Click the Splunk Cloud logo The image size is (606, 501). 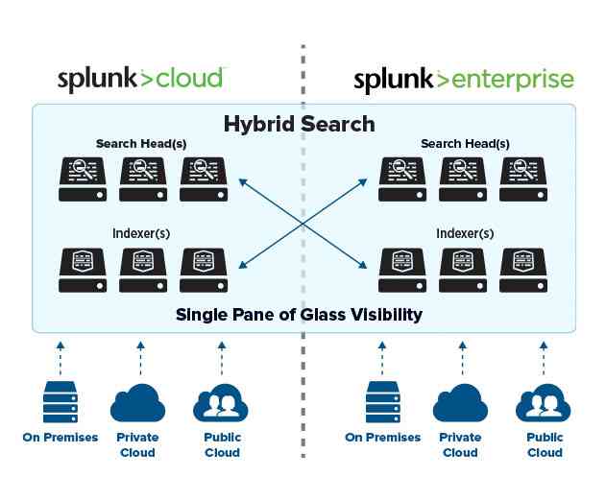(141, 79)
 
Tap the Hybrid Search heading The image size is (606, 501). (300, 124)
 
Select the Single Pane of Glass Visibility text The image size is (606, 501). (300, 314)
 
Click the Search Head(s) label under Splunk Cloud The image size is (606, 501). (141, 144)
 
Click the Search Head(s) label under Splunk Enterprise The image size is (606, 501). (465, 144)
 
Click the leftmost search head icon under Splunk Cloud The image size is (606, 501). (83, 179)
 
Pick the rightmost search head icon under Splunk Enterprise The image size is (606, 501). (523, 179)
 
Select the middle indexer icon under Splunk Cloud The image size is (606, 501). (143, 270)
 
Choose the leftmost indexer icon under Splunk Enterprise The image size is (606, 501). (403, 270)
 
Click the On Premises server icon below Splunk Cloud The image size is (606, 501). (61, 402)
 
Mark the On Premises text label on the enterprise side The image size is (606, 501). (382, 438)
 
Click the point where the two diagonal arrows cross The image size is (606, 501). (303, 223)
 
